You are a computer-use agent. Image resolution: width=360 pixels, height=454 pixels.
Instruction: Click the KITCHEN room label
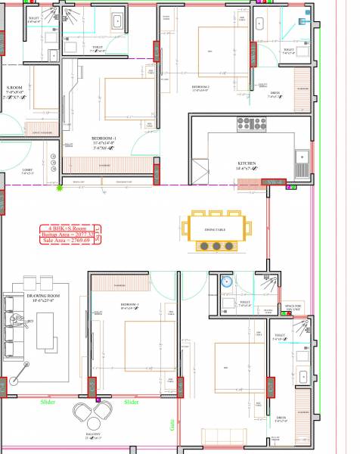click(x=247, y=163)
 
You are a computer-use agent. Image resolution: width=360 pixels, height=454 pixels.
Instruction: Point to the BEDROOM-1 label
click(x=102, y=138)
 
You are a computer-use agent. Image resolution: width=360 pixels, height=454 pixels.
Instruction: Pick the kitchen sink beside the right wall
click(x=301, y=158)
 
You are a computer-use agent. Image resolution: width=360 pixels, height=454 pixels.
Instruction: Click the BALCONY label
click(x=93, y=436)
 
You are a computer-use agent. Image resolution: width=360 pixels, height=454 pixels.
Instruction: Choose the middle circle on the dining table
click(x=217, y=246)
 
